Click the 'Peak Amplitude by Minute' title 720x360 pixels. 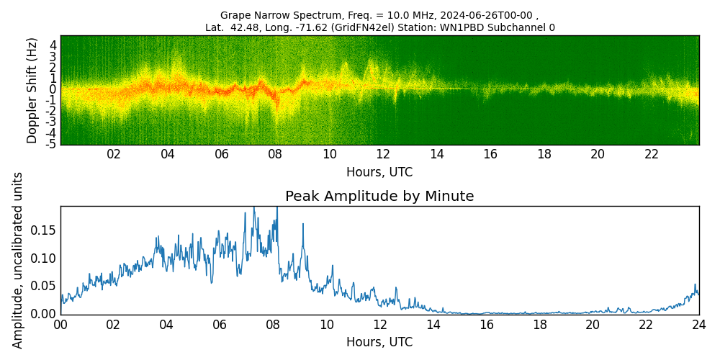click(x=379, y=197)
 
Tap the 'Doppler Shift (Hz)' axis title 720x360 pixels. click(x=32, y=91)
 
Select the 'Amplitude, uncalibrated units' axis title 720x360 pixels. click(x=18, y=260)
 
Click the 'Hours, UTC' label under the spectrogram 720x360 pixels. click(x=379, y=173)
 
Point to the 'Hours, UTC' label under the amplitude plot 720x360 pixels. click(x=379, y=343)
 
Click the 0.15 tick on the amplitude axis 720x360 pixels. click(x=45, y=230)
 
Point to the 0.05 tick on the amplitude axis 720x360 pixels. click(x=45, y=286)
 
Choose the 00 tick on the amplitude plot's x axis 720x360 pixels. click(x=60, y=325)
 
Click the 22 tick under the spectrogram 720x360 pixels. click(x=652, y=154)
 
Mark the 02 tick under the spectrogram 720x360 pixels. click(x=114, y=154)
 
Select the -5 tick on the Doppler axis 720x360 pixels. click(x=53, y=144)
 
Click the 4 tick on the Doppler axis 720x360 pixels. click(x=53, y=45)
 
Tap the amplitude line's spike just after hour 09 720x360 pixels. click(x=303, y=224)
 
